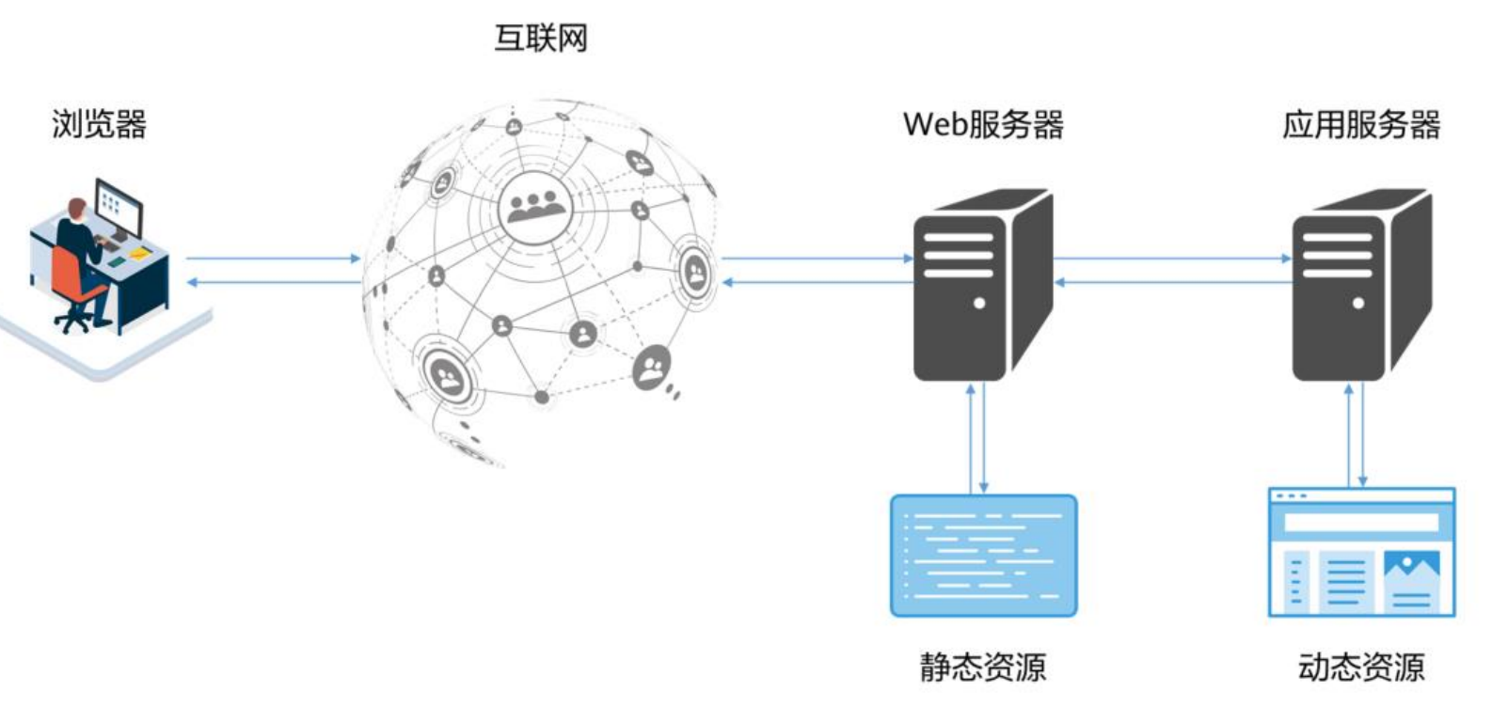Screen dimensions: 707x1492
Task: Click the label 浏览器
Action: pos(99,124)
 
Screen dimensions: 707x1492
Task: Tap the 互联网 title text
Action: pos(541,39)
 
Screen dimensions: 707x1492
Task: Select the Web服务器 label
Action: pos(983,124)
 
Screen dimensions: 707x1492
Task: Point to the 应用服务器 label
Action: pos(1361,124)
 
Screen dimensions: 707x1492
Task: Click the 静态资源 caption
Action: pos(983,667)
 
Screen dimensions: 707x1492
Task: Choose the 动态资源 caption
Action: pos(1361,667)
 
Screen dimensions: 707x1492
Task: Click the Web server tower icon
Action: pos(980,287)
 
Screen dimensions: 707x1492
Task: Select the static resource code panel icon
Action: pos(983,556)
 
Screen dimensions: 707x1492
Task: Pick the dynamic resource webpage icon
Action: pos(1361,552)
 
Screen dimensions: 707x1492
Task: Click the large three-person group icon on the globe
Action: pos(534,207)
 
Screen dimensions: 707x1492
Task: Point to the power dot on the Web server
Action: pos(979,304)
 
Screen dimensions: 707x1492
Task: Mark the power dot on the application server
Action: pos(1357,304)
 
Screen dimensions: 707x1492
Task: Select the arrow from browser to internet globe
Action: pos(273,259)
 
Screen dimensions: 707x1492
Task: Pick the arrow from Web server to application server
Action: pos(1171,259)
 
